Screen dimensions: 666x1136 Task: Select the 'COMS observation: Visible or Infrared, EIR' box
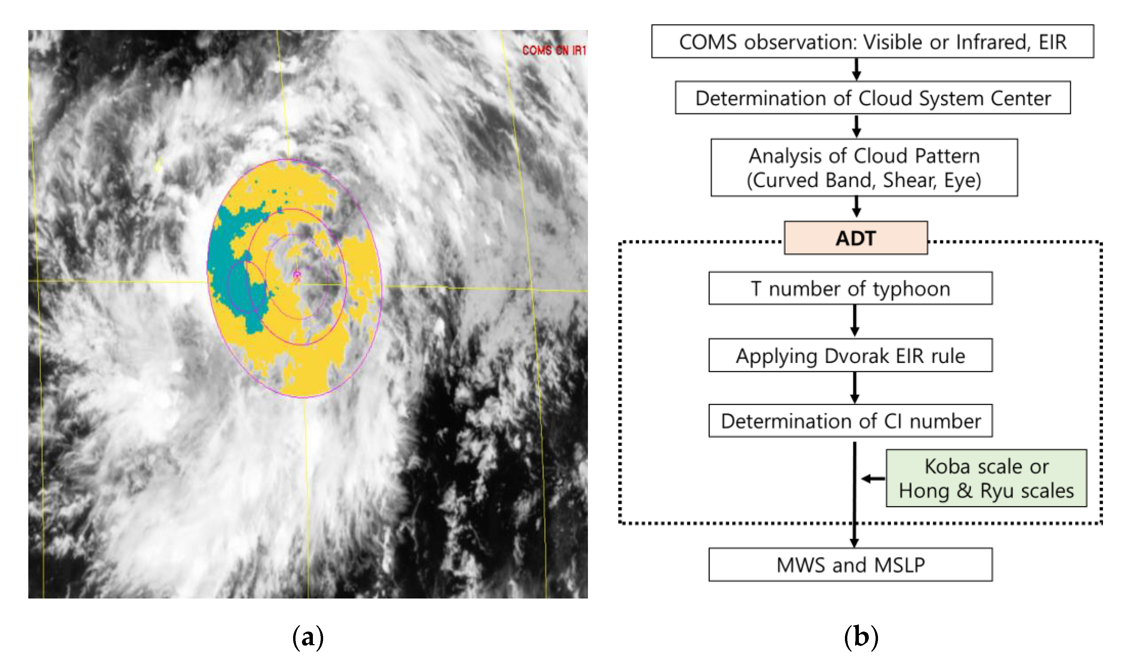[x=872, y=42]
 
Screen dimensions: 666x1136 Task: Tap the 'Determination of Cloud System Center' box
[x=872, y=98]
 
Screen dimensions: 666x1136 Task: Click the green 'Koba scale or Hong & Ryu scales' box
[x=986, y=478]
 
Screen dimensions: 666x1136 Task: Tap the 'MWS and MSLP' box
[x=850, y=564]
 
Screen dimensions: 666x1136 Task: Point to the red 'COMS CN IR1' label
[x=554, y=50]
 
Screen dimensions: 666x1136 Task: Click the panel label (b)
[x=861, y=637]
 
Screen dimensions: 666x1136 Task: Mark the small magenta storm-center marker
[x=297, y=275]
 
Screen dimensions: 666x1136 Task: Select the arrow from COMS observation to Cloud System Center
[x=857, y=70]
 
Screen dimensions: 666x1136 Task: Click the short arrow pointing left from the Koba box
[x=873, y=479]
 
